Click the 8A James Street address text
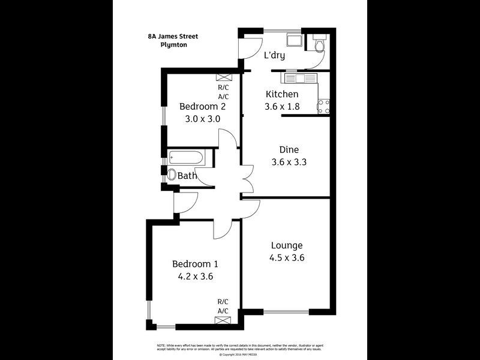173,36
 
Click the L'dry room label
274,56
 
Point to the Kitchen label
281,94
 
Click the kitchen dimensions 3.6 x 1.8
281,107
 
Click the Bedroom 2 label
202,106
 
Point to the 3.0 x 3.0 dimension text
202,119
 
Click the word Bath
187,176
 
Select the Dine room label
289,149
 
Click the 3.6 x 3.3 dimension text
289,161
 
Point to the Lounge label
286,245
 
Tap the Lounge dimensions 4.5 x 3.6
286,258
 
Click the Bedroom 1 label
195,264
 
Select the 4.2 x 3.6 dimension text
195,277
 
